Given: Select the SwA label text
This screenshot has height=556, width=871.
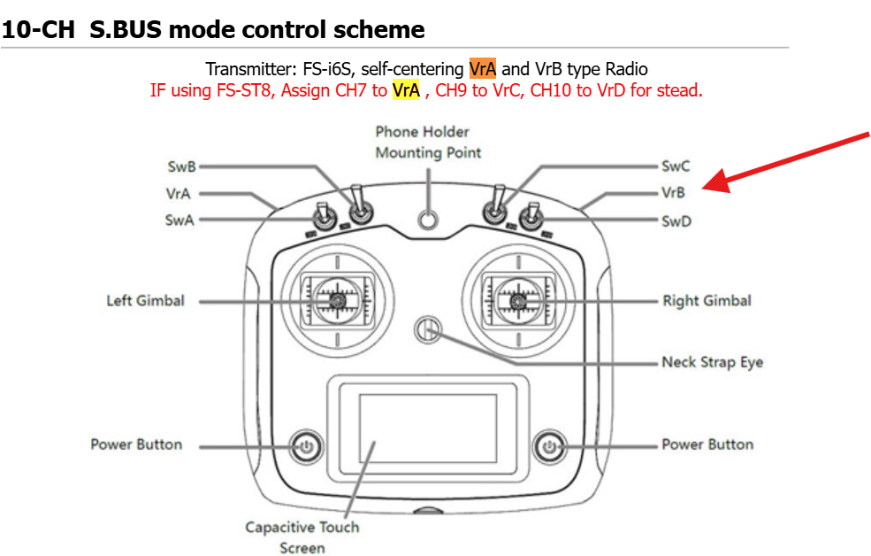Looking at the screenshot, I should (x=180, y=220).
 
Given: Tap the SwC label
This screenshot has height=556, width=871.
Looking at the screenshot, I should (x=676, y=166).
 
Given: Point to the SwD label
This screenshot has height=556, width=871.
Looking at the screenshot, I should (x=676, y=221).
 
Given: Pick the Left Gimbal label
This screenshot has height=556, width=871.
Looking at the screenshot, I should (x=146, y=301).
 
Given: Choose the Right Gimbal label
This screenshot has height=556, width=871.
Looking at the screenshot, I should (x=707, y=301).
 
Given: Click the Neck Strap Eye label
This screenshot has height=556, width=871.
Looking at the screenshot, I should (x=712, y=362).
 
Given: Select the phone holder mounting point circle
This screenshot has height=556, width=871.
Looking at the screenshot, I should (x=429, y=220).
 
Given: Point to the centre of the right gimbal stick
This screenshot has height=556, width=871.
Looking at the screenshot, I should (x=519, y=302).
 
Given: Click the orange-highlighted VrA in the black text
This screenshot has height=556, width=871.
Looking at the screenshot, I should (x=483, y=69).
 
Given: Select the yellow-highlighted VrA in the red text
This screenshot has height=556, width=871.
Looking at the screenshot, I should (x=405, y=90).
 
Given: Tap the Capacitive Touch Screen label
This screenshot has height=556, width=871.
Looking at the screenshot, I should (x=302, y=537).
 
